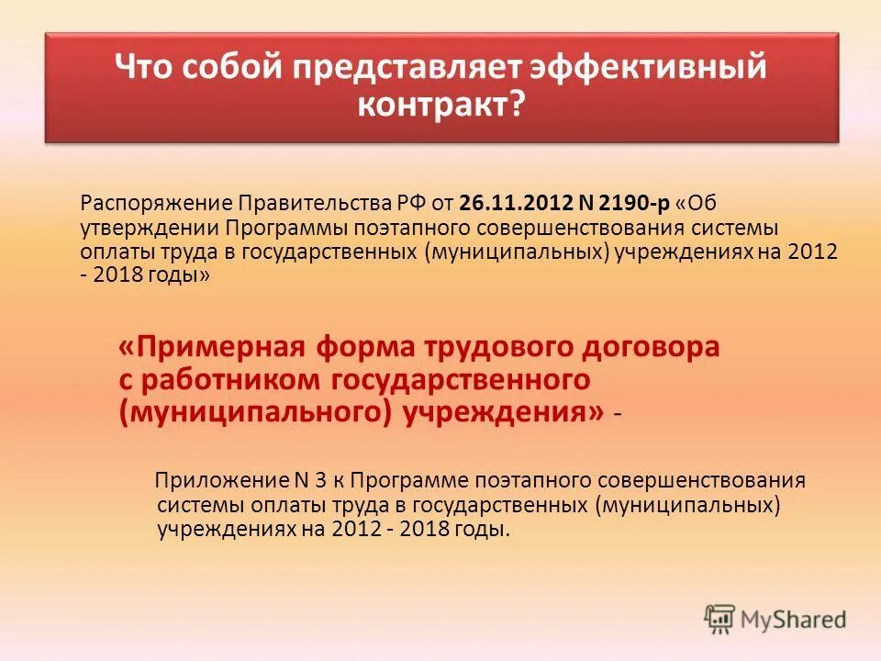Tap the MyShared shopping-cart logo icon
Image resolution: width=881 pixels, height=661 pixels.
coord(720,619)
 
